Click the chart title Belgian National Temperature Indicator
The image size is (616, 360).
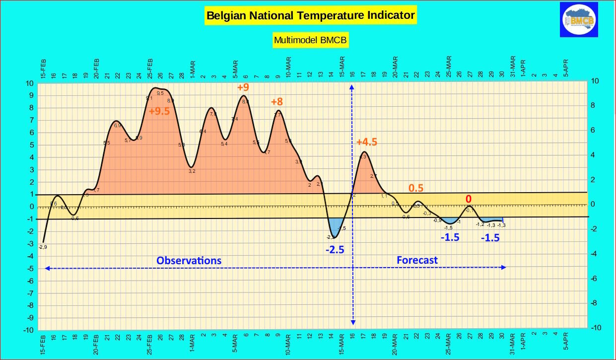pos(310,15)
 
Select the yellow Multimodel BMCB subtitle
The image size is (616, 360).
pos(310,40)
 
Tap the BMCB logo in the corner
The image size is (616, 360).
pos(579,19)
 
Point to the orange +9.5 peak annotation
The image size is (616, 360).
pos(159,111)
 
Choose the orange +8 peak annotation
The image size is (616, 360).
pos(276,102)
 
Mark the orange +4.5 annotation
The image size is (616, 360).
pos(367,142)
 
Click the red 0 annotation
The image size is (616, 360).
pos(468,199)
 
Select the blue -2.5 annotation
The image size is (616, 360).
pos(335,250)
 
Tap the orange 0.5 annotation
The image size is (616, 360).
pos(415,188)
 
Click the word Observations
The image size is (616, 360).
pos(189,260)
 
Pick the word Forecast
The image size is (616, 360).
pos(417,260)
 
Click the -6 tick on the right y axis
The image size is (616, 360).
pos(594,279)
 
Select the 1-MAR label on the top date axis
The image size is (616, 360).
pos(192,70)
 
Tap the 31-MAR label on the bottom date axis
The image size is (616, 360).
pos(512,343)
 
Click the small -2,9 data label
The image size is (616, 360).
pos(43,247)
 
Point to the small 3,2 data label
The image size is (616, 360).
pos(192,171)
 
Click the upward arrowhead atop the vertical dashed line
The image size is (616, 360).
pos(352,87)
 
